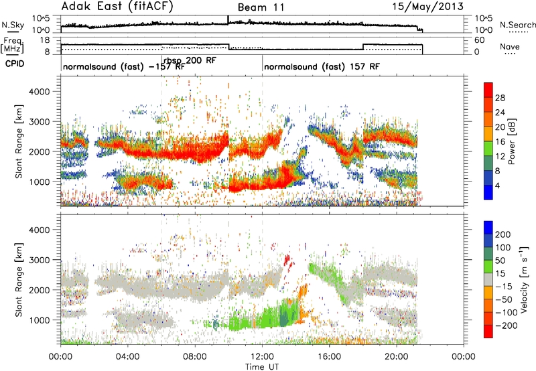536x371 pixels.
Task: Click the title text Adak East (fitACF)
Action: pos(113,7)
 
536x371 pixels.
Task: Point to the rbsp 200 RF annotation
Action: pos(189,60)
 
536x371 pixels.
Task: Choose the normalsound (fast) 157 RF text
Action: pos(321,68)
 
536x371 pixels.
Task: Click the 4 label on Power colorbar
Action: pos(498,184)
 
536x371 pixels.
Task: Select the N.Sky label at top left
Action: pos(12,25)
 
